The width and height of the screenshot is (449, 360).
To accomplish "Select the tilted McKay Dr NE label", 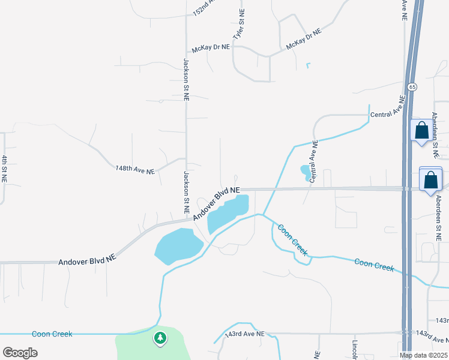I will (303, 38).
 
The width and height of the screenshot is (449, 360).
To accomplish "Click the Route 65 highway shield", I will (411, 87).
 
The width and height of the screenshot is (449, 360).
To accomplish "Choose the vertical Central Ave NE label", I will (313, 162).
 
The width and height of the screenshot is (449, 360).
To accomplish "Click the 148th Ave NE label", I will (135, 170).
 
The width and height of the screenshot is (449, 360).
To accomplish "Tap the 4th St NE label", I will (4, 169).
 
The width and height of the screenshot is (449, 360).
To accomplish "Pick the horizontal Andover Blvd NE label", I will (86, 261).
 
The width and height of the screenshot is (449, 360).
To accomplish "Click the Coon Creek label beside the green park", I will (52, 334).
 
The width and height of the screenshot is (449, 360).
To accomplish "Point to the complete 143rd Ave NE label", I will (244, 334).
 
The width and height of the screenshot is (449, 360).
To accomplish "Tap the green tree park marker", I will (160, 338).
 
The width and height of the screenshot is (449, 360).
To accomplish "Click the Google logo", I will (20, 352).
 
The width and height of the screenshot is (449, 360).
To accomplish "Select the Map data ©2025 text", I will (423, 355).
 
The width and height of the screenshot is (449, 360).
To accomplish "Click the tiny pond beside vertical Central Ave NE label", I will (306, 172).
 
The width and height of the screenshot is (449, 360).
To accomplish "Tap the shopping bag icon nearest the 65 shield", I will (421, 130).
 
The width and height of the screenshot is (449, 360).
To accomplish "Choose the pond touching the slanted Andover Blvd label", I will (227, 214).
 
